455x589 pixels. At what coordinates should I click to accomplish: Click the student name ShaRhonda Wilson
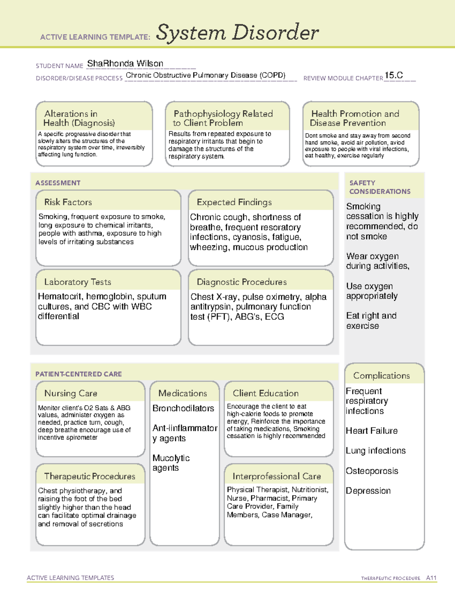pos(125,64)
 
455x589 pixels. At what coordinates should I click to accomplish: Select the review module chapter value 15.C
pos(394,75)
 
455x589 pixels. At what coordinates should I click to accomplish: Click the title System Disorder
pos(237,33)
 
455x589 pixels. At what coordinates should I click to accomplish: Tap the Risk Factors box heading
pos(68,202)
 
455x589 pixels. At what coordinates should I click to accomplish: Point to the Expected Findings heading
pos(234,202)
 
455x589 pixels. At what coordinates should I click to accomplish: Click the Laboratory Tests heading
pos(78,282)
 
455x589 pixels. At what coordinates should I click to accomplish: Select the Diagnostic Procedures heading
pos(242,282)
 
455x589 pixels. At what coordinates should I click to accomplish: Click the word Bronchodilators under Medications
pos(183,408)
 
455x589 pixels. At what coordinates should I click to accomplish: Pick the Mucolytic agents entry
pos(171,463)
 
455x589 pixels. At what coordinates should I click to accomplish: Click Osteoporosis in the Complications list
pos(372,471)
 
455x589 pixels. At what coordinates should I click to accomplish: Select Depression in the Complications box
pos(368,491)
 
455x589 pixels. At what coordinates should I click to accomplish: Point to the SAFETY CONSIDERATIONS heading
pos(380,187)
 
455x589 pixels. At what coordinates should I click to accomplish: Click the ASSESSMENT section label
pos(58,183)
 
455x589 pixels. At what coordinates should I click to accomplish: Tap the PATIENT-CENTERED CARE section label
pos(78,374)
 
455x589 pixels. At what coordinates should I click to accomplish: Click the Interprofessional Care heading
pos(277,476)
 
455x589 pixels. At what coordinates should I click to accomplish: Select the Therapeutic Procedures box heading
pos(90,476)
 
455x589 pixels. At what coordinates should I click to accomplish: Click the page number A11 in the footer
pos(431,578)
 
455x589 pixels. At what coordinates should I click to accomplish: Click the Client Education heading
pos(265,393)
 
